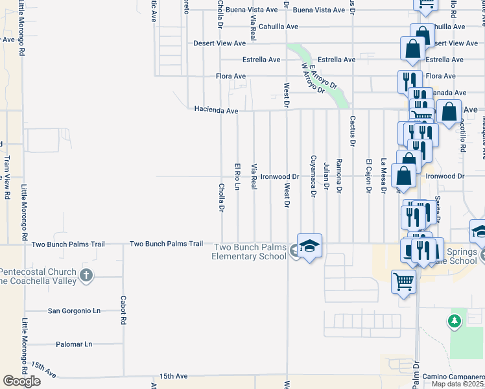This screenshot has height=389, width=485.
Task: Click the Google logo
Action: point(21,381)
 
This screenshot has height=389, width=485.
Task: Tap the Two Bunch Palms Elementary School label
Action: point(250,252)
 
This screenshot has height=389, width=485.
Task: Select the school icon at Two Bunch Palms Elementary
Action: point(310,246)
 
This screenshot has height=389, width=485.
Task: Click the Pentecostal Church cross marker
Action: point(86,276)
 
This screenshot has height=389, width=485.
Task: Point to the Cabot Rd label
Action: point(123,311)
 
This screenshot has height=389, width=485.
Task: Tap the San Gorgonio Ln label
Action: point(75,311)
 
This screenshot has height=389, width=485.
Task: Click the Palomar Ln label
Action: point(75,344)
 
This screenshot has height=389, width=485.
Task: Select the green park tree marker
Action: point(455,320)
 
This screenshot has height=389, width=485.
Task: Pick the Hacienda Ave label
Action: point(216,110)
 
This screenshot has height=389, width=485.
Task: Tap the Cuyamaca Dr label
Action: point(314,176)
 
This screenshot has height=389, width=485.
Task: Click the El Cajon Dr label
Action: point(368,176)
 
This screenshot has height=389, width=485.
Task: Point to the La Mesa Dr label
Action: point(383,176)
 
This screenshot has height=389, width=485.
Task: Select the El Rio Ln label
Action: point(237,176)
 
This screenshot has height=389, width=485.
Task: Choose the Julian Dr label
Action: point(326,176)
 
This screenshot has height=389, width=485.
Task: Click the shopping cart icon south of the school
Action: point(404,283)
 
